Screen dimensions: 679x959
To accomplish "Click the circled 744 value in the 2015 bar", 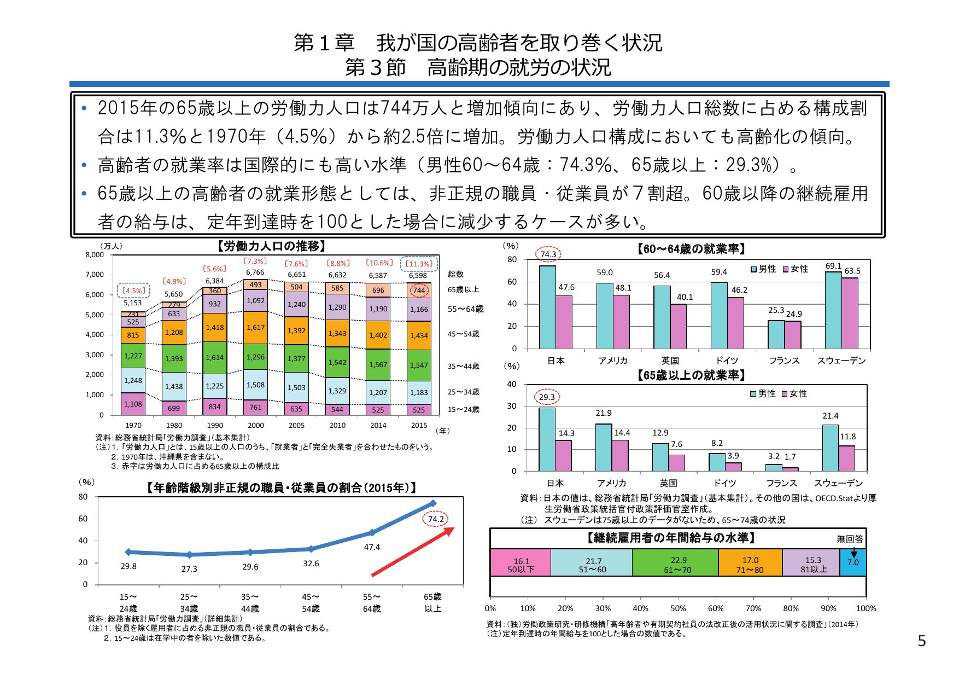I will coord(419,291).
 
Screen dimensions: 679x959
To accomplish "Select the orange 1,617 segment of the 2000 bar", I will coord(255,328).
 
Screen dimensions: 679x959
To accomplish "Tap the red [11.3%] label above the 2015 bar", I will coord(419,264).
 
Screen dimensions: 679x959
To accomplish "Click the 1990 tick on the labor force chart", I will coord(215,425).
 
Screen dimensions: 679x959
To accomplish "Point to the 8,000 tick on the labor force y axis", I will coord(95,255).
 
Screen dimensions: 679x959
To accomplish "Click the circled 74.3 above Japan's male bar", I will coord(548,254).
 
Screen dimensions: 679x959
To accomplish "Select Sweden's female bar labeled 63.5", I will coord(850,314).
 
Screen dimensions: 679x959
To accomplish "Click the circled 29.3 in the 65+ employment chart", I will coord(547,397).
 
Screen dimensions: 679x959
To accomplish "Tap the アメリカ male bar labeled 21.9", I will coord(604,448).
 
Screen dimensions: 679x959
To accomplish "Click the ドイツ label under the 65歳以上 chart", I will coord(725,483).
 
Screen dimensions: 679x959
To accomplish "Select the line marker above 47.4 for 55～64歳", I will coord(372,532).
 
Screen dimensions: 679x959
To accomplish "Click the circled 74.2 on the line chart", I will coord(436,519).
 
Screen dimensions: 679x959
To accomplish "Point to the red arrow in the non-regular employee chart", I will coord(413,552).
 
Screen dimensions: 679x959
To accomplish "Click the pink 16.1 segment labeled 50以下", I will coord(521,563).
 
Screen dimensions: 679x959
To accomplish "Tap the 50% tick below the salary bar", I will coord(678,608).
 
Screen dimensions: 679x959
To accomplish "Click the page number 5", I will coord(922,641).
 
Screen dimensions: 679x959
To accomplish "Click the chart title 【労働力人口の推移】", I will coord(271,246).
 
